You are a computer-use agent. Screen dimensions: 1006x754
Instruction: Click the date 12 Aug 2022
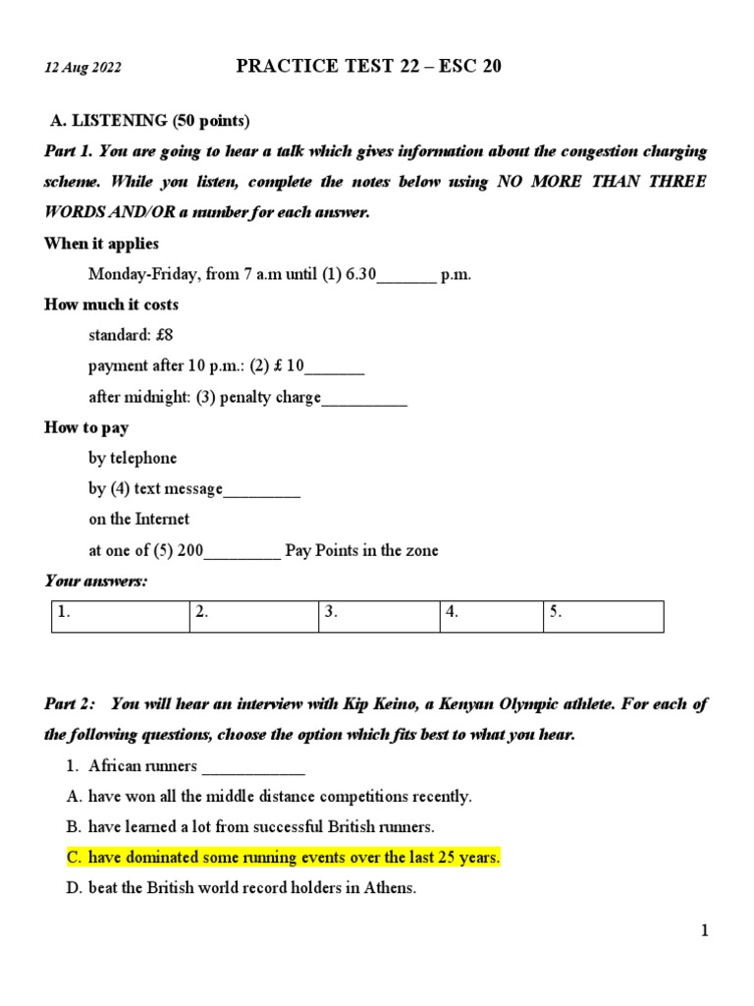coord(83,68)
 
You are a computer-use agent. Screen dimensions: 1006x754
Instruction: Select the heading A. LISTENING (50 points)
coord(151,121)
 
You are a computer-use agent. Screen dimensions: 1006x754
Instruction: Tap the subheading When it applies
coord(101,244)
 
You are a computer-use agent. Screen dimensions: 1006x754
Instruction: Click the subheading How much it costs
coord(112,305)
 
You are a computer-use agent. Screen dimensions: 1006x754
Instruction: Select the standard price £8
coord(131,335)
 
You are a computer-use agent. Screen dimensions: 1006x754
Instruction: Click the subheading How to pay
coord(86,427)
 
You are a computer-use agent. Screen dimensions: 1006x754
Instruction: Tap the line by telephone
coord(133,458)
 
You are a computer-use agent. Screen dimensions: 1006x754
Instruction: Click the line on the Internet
coord(138,519)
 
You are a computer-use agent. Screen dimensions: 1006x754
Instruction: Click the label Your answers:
coord(95,582)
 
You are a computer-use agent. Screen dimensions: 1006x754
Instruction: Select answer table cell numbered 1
coord(119,616)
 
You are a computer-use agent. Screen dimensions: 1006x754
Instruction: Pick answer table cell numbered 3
coord(379,616)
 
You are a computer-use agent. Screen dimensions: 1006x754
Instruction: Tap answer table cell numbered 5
coord(603,616)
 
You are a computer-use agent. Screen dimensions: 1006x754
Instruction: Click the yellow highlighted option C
coord(284,858)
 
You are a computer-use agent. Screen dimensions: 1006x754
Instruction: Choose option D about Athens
coord(252,888)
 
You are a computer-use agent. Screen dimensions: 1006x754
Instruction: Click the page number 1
coord(704,931)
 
